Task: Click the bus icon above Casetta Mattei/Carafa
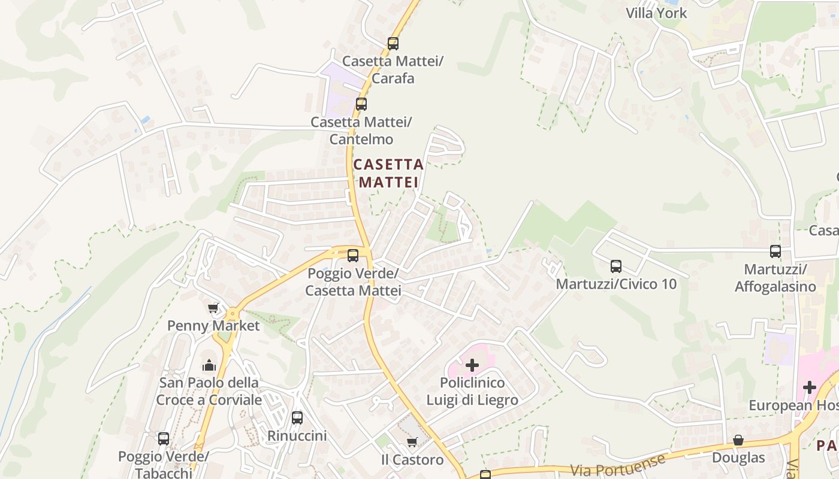pos(393,44)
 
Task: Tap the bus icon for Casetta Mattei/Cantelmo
pos(361,104)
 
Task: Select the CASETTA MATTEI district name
pos(388,173)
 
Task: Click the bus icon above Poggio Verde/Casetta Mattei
pos(352,256)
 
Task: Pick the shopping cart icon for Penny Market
pos(213,308)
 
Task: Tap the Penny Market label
pos(213,326)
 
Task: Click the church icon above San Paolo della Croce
pos(209,365)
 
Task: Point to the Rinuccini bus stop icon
pos(297,418)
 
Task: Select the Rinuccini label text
pos(297,435)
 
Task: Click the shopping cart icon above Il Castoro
pos(412,442)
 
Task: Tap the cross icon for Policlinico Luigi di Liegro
pos(472,365)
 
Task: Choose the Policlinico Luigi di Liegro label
pos(472,391)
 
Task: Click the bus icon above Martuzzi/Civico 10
pos(615,266)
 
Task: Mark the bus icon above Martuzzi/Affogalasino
pos(775,251)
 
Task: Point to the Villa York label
pos(656,13)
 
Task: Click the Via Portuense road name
pos(617,466)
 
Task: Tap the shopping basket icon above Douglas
pos(738,441)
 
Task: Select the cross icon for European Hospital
pos(810,387)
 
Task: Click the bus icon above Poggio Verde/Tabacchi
pos(163,439)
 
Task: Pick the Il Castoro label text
pos(412,460)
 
